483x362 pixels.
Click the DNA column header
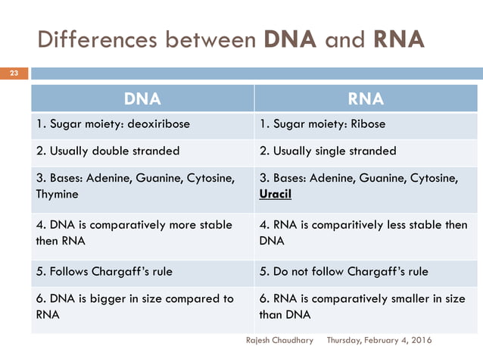[x=142, y=98]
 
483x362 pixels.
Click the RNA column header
[x=365, y=98]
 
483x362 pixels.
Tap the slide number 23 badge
[x=13, y=73]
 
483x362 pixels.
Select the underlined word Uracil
[x=275, y=194]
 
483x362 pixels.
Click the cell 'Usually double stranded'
[x=108, y=151]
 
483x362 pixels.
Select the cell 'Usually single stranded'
[x=328, y=151]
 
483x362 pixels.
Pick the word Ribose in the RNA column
[x=367, y=124]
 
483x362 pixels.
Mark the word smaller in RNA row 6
[x=399, y=299]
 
